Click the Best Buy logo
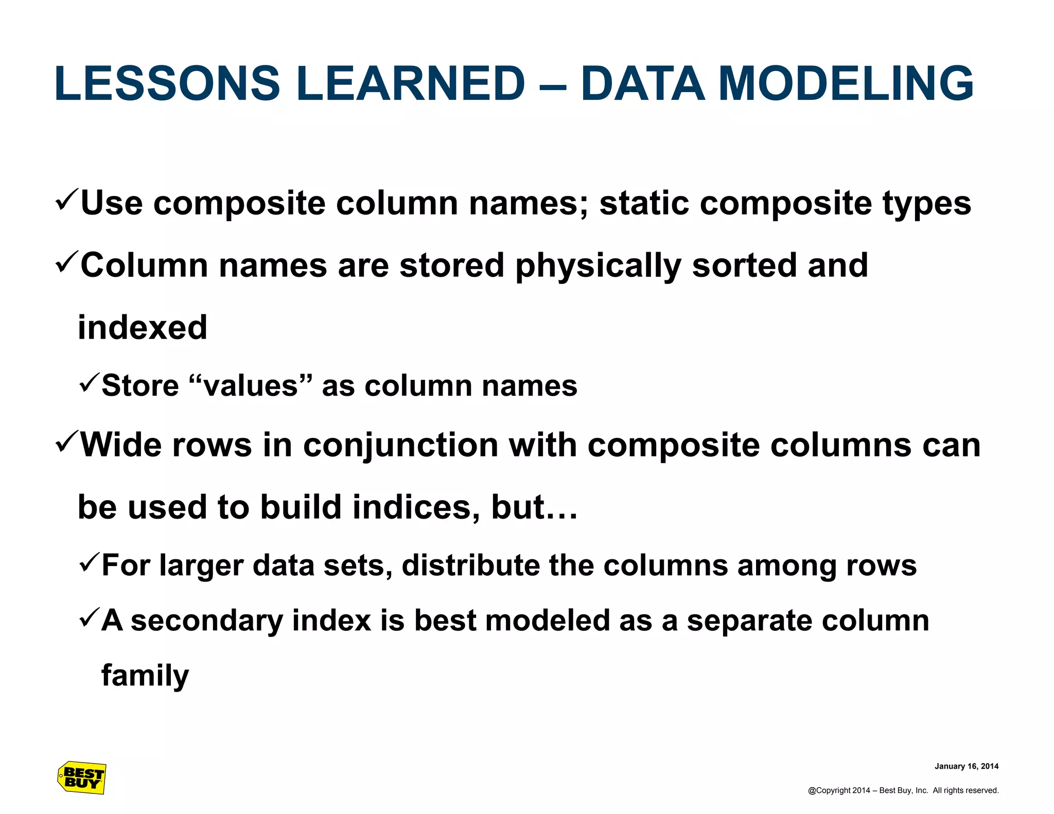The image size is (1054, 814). (82, 777)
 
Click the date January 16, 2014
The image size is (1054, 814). (966, 766)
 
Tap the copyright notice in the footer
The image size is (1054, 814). (903, 790)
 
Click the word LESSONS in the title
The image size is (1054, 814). (167, 83)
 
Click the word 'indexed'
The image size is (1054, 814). (143, 328)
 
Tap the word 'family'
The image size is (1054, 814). (145, 676)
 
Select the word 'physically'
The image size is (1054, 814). (598, 267)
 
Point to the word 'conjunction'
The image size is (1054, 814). (400, 445)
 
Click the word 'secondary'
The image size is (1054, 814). (207, 621)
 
